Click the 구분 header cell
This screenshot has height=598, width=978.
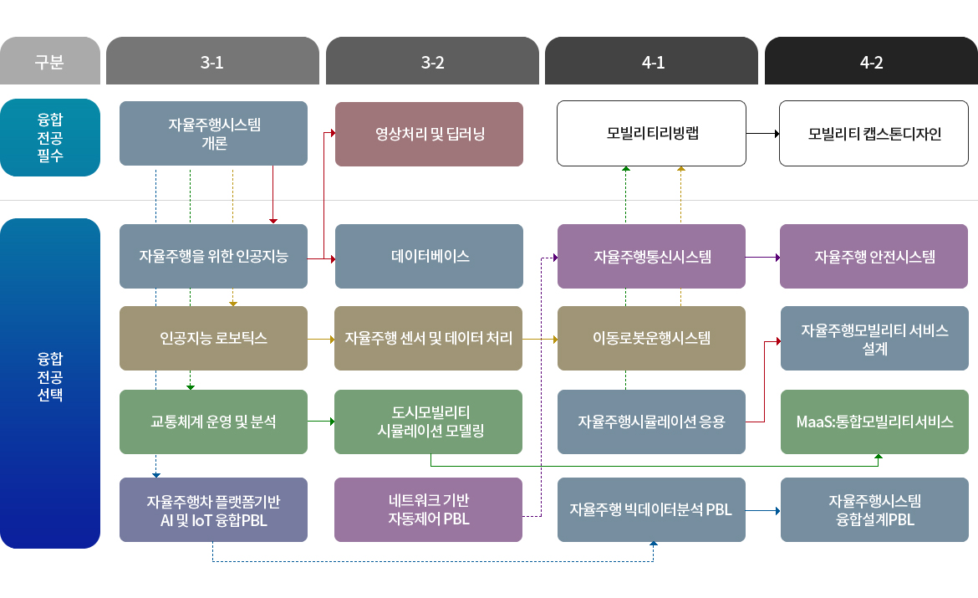coord(50,61)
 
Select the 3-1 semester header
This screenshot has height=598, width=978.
coord(212,61)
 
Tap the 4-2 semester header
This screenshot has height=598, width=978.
coord(871,61)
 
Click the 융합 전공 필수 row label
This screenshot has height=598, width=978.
coord(50,137)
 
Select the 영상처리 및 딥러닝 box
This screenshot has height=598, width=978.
coord(429,134)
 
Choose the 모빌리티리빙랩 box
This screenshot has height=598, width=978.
coord(651,134)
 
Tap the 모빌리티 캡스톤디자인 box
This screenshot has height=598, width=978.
coord(874,134)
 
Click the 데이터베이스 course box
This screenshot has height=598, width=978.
coord(429,256)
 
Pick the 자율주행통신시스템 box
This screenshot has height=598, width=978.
coord(651,256)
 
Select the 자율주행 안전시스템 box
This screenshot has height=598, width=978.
coord(874,256)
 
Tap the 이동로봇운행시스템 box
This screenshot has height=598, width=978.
coord(651,338)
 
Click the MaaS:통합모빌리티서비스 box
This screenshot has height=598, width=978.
coord(874,422)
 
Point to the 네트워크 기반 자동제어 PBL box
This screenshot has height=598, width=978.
coord(429,509)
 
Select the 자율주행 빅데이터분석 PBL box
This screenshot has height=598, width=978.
coord(651,509)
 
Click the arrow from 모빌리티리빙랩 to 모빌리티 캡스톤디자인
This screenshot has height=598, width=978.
coord(762,134)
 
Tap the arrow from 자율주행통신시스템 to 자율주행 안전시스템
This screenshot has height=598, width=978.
coord(762,257)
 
